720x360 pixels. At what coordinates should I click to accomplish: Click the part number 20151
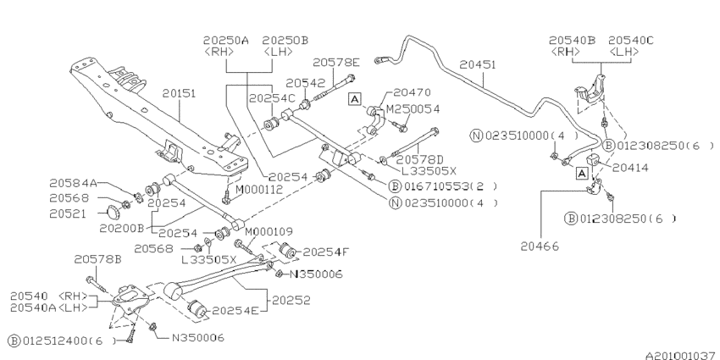[179, 92]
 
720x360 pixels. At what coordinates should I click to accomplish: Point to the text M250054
[413, 109]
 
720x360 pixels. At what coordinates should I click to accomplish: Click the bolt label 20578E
[335, 62]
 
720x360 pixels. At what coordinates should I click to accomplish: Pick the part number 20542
[305, 82]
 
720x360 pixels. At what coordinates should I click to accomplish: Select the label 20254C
[271, 98]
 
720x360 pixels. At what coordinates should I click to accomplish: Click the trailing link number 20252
[290, 299]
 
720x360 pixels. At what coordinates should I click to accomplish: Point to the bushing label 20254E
[236, 310]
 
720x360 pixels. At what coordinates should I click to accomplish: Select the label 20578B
[97, 259]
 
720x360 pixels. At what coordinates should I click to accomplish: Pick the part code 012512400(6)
[59, 341]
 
